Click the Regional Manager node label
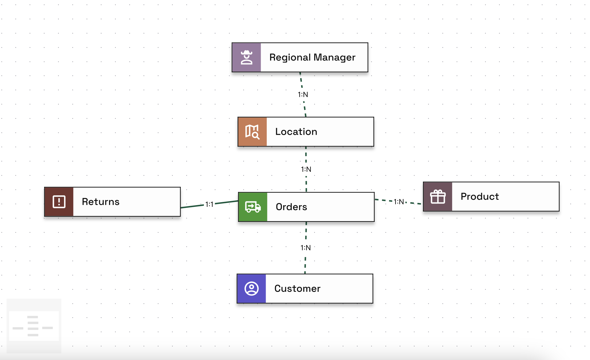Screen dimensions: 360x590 pos(312,58)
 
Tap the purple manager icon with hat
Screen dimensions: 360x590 pos(247,58)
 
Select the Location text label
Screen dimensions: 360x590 pos(296,132)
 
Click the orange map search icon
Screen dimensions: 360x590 pos(252,132)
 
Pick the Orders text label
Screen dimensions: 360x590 pos(291,207)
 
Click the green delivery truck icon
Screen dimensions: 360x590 pos(253,207)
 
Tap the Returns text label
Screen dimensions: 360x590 pos(101,202)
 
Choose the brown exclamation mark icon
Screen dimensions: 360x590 pos(59,202)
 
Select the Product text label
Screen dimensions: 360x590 pos(480,197)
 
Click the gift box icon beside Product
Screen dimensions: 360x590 pos(438,197)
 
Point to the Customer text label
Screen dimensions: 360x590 pos(297,288)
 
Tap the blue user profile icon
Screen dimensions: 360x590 pos(251,288)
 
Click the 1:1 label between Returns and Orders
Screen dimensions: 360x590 pos(209,204)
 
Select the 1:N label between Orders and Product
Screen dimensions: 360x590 pos(399,202)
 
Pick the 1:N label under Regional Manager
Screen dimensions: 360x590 pos(303,95)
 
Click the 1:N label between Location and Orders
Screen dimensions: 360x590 pos(306,169)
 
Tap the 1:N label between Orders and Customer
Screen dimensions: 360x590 pos(305,248)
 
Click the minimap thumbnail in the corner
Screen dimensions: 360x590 pos(34,326)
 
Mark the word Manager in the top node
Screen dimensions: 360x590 pos(334,58)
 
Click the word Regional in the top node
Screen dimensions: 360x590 pos(290,58)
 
